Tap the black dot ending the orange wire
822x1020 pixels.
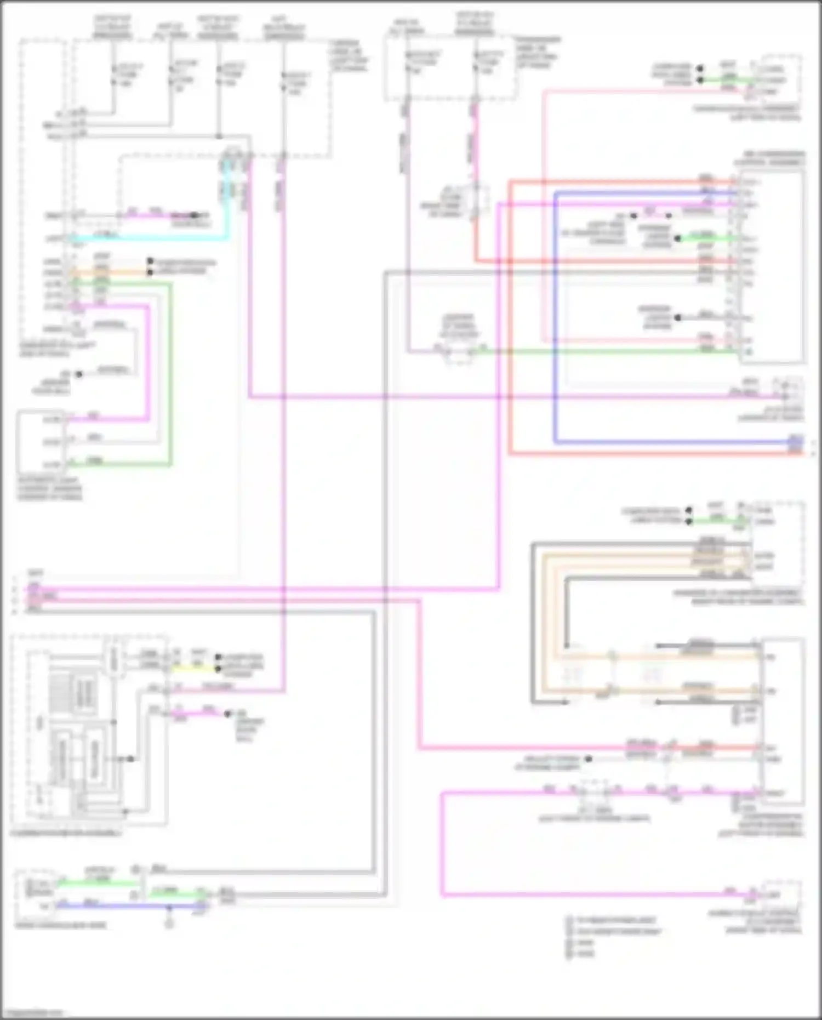click(x=150, y=272)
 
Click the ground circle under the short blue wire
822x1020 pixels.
click(x=169, y=924)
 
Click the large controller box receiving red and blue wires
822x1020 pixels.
click(x=773, y=266)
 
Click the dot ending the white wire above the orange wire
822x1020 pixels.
click(x=150, y=261)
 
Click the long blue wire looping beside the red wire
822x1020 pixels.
click(x=555, y=329)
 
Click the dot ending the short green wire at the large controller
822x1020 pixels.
click(x=678, y=238)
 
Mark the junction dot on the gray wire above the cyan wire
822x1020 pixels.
click(x=219, y=136)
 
